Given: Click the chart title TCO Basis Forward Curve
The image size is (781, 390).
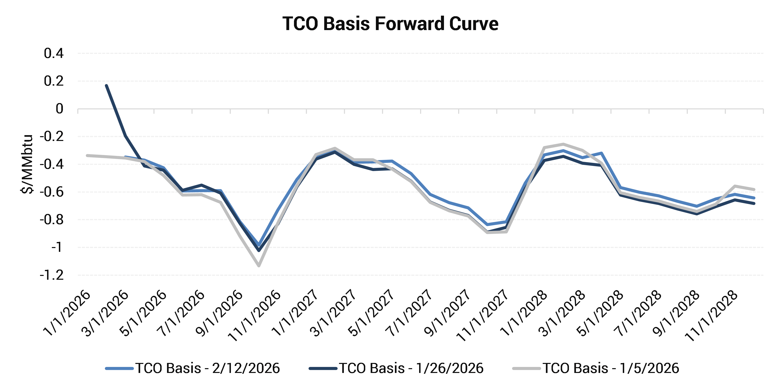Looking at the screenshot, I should point(390,24).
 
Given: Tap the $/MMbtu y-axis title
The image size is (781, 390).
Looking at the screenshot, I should point(27,164).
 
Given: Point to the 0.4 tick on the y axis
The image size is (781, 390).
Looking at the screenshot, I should point(54,53).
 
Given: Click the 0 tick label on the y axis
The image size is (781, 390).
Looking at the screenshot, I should point(59,109).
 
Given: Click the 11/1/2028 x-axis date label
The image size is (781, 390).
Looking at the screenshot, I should point(713,316).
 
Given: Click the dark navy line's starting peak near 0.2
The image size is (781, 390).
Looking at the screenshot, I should point(106,86).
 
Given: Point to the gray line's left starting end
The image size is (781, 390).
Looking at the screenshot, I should point(87,155).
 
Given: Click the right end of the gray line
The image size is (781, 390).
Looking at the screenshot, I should point(754,189).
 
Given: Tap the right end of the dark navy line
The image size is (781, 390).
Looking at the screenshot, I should point(754,203).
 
